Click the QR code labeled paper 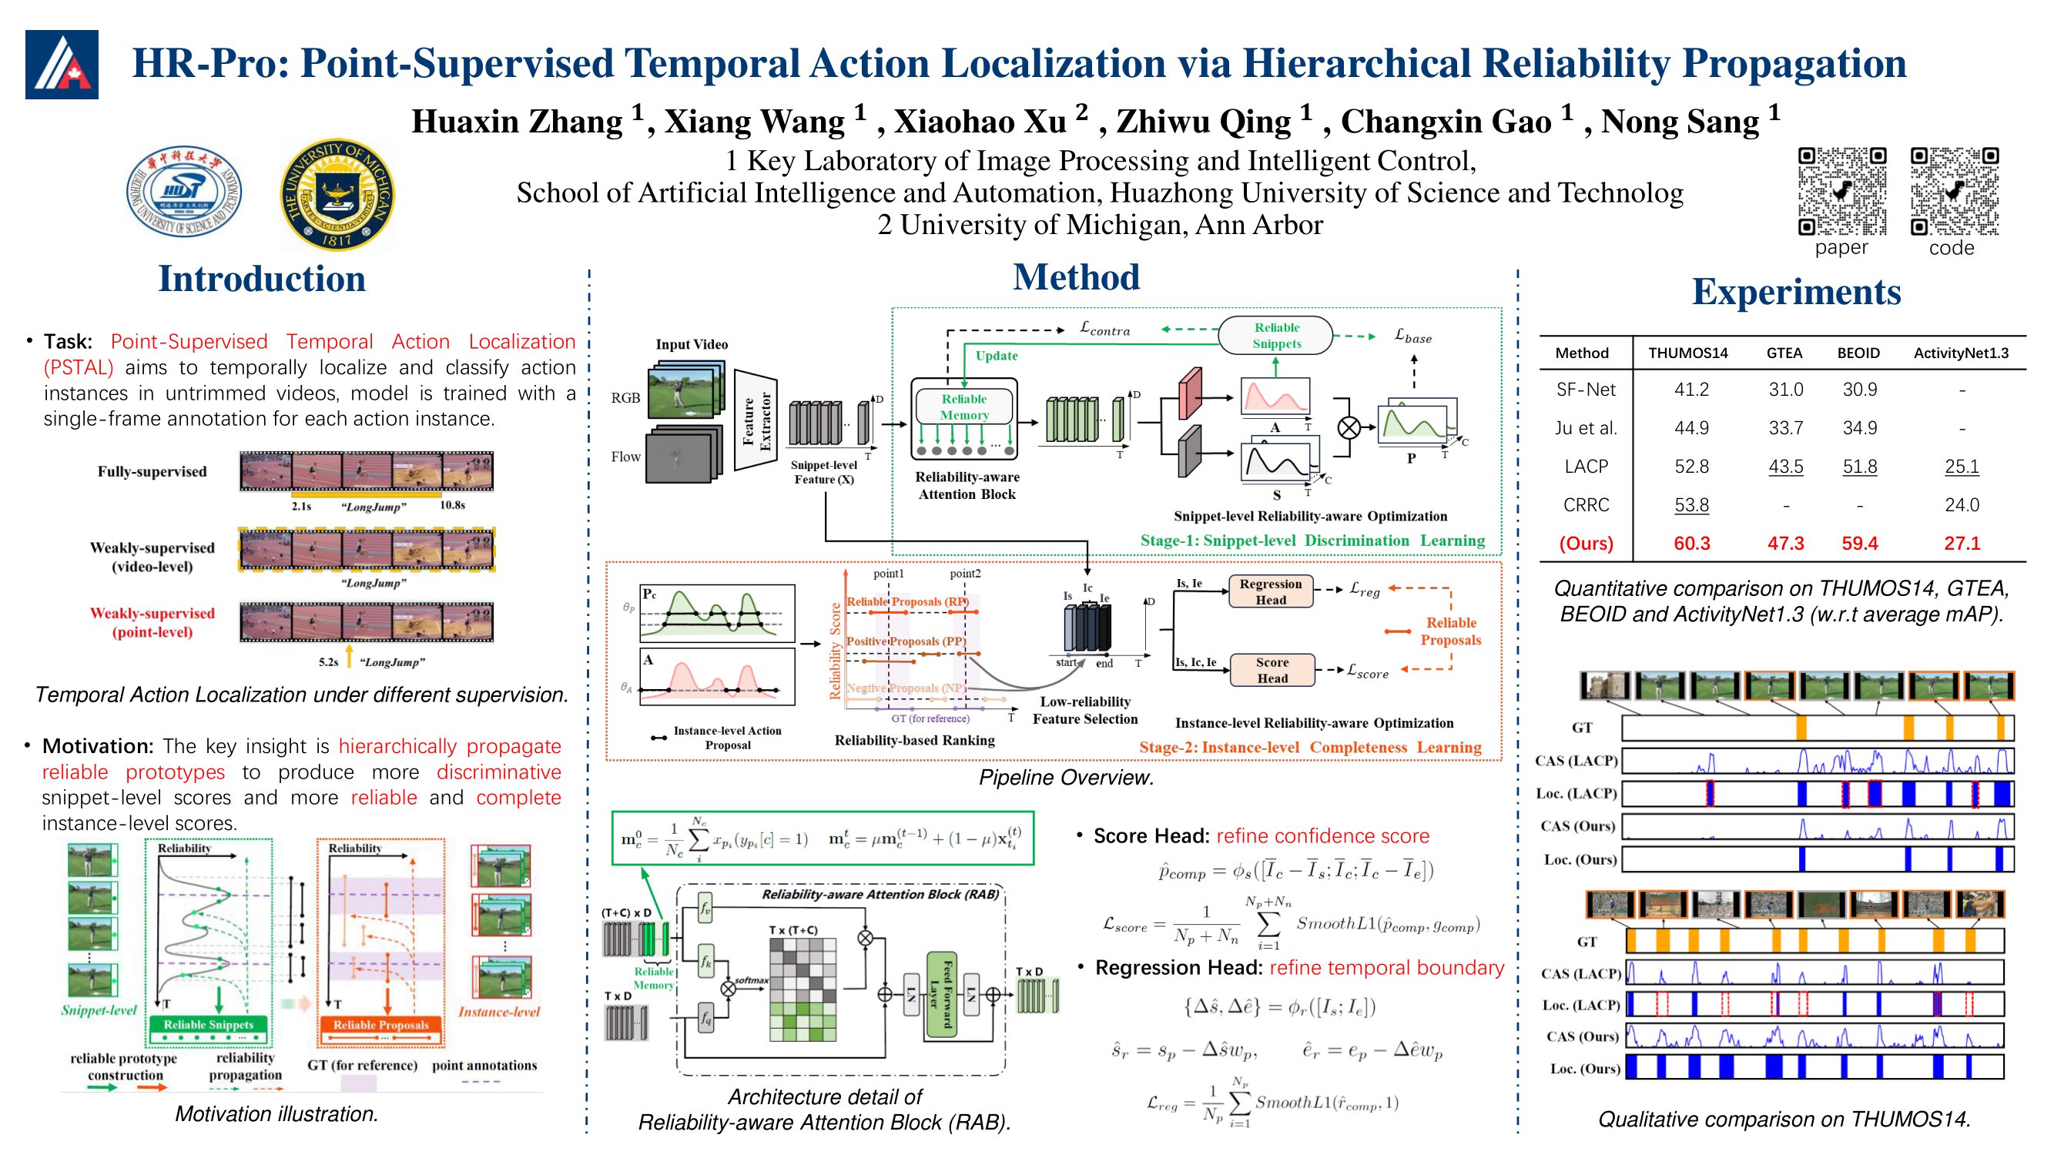pyautogui.click(x=1841, y=191)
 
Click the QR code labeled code pyautogui.click(x=1954, y=191)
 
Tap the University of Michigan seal pyautogui.click(x=337, y=195)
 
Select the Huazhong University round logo pyautogui.click(x=184, y=192)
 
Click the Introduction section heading pyautogui.click(x=262, y=279)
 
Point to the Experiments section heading pyautogui.click(x=1796, y=292)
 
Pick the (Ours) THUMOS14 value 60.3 pyautogui.click(x=1691, y=544)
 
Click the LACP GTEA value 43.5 pyautogui.click(x=1785, y=467)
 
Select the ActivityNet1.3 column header pyautogui.click(x=1961, y=353)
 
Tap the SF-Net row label pyautogui.click(x=1585, y=390)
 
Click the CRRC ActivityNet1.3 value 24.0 pyautogui.click(x=1962, y=504)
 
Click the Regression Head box pyautogui.click(x=1270, y=591)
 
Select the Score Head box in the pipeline pyautogui.click(x=1272, y=671)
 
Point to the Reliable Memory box pyautogui.click(x=964, y=407)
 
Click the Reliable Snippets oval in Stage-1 pyautogui.click(x=1276, y=336)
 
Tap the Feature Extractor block pyautogui.click(x=756, y=420)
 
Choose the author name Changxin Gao pyautogui.click(x=1445, y=122)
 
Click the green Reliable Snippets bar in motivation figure pyautogui.click(x=208, y=1025)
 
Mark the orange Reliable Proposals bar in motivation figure pyautogui.click(x=380, y=1025)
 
